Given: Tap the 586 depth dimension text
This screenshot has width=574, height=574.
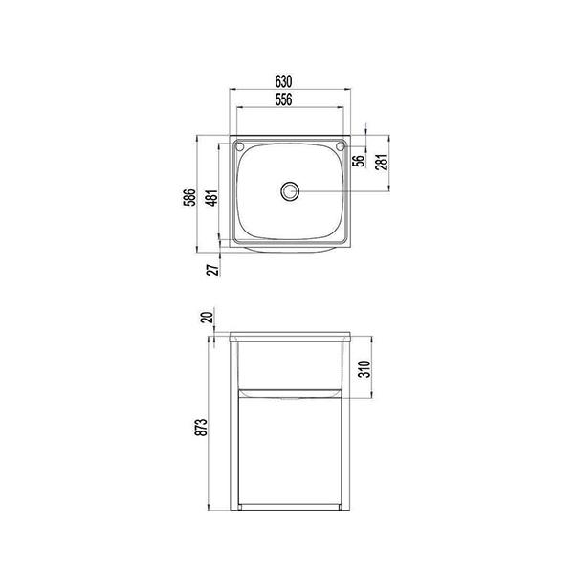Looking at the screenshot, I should (190, 196).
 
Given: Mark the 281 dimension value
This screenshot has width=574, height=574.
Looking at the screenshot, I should (380, 163).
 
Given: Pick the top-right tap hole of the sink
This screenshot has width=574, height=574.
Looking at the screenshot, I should (340, 146).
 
